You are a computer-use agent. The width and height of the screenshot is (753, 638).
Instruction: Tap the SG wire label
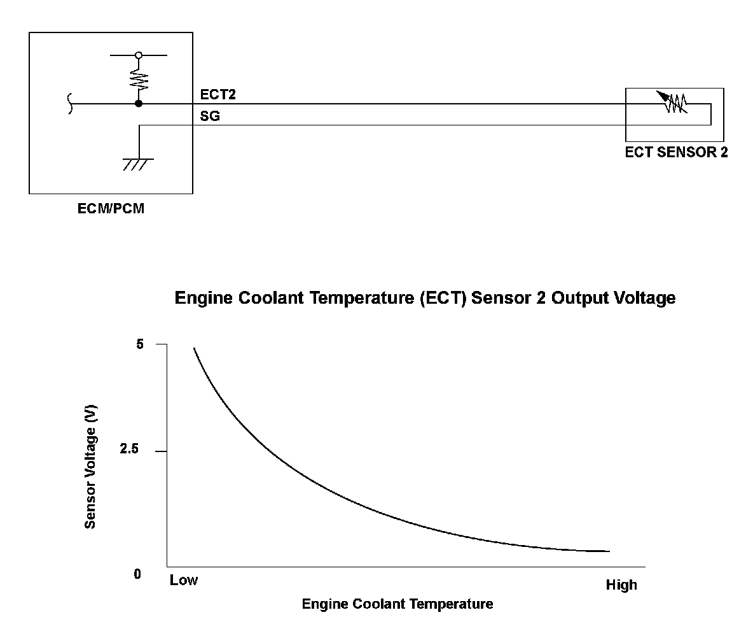point(210,117)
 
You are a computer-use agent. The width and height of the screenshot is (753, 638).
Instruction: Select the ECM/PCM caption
point(111,208)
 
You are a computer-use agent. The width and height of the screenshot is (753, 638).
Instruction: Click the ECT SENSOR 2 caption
point(676,152)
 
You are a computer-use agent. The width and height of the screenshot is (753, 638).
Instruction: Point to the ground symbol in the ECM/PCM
point(138,164)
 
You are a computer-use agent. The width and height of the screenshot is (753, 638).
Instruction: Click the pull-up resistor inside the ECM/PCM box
point(139,80)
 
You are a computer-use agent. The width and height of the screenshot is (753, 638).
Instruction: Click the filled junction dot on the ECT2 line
point(139,103)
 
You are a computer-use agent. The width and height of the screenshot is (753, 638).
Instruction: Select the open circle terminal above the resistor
point(139,56)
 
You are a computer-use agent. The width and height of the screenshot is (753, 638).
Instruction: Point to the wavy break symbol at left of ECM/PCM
point(70,103)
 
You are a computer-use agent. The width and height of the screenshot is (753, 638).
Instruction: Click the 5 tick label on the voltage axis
point(141,344)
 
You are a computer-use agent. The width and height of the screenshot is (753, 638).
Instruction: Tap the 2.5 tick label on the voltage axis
point(129,450)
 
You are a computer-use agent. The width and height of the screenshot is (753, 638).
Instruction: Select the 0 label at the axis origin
point(137,574)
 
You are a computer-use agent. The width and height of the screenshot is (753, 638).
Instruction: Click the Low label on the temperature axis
point(184,580)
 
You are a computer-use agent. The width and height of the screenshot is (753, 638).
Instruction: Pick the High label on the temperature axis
point(621,585)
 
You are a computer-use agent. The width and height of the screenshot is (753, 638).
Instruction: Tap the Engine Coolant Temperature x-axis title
point(397,604)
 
